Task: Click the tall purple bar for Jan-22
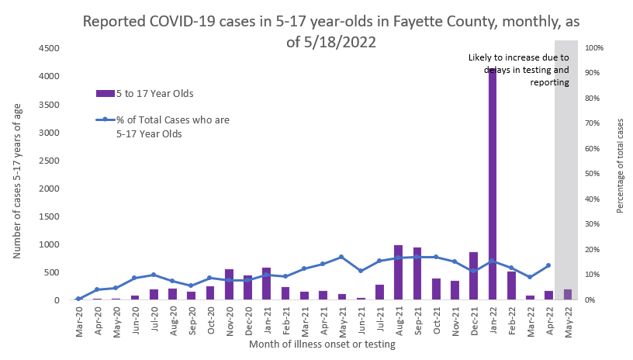[x=492, y=186]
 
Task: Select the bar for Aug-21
[x=398, y=272]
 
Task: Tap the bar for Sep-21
[x=417, y=274]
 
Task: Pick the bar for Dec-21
[x=473, y=276]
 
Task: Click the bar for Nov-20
[x=229, y=285]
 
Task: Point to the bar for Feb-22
[x=511, y=286]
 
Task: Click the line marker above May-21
[x=341, y=257]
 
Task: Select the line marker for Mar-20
[x=78, y=299]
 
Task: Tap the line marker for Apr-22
[x=548, y=265]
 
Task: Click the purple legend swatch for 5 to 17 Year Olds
[x=105, y=93]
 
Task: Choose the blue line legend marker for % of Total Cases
[x=105, y=119]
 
